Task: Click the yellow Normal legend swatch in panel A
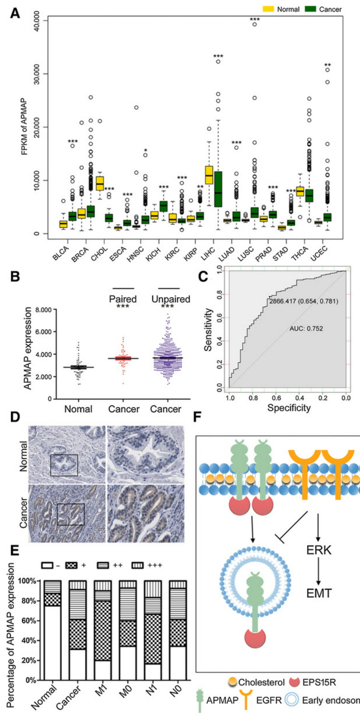click(269, 9)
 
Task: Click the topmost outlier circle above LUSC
click(255, 24)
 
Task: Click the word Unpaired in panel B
click(171, 299)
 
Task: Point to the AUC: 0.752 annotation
click(306, 329)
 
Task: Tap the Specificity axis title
click(289, 408)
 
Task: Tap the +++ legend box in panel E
click(138, 565)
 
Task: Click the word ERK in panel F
click(319, 550)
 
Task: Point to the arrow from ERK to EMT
click(318, 572)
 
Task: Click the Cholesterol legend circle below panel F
click(233, 682)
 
